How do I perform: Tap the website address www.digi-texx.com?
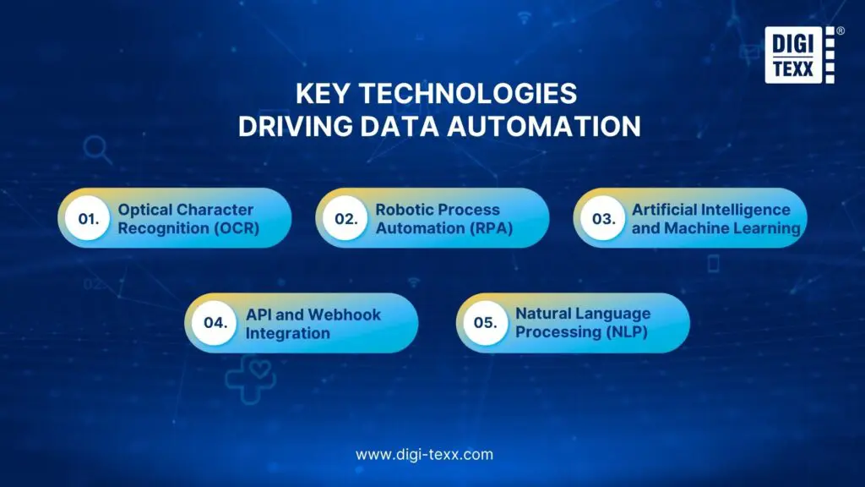coord(424,454)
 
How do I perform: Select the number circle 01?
coord(88,218)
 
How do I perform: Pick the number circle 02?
coord(345,218)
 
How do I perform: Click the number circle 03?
coord(603,218)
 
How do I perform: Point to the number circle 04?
coord(215,323)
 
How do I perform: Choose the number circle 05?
coord(486,323)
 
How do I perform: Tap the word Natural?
coord(544,314)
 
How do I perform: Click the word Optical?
coord(144,210)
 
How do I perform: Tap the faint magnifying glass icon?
coord(98,150)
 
